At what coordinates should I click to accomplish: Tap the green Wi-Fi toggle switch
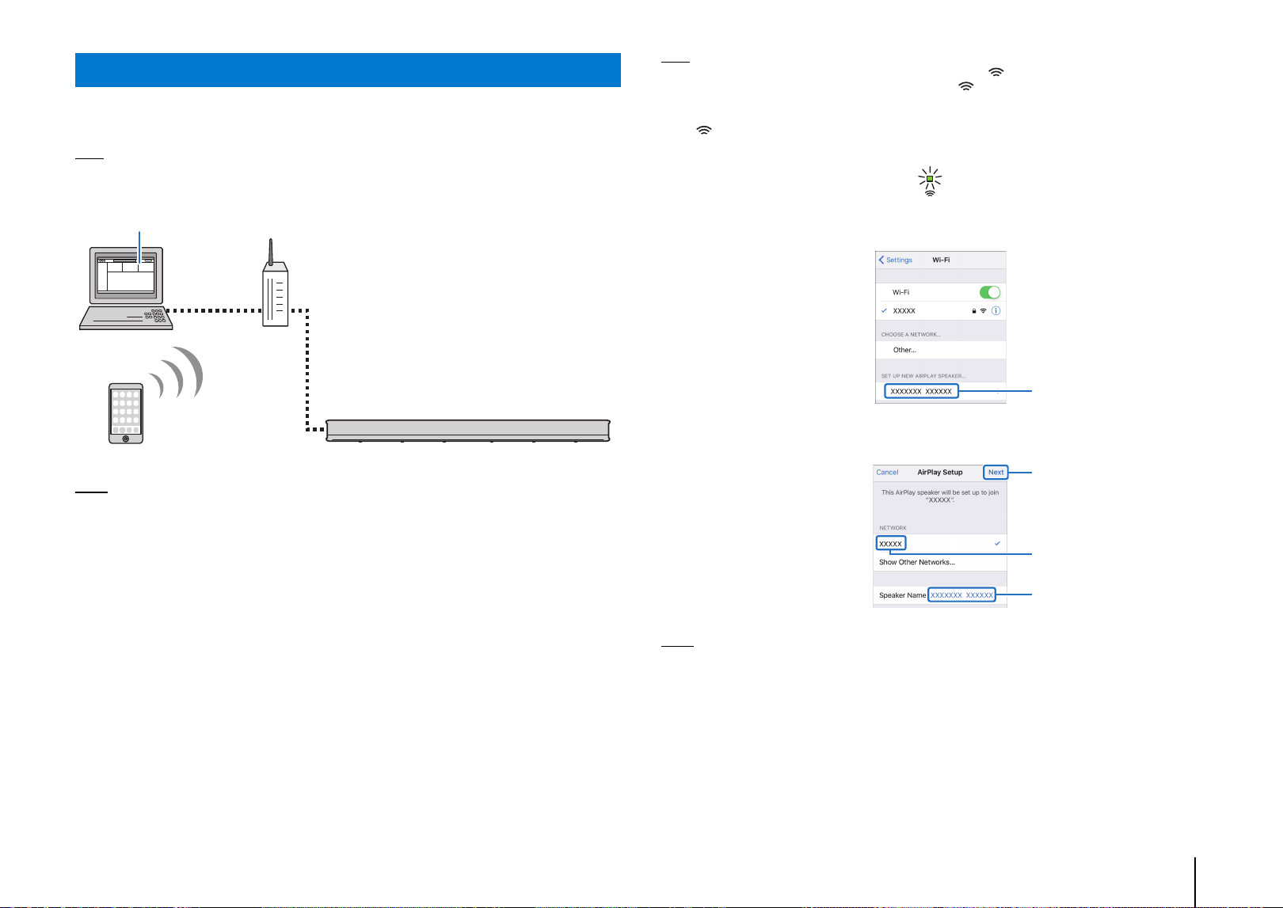click(x=990, y=293)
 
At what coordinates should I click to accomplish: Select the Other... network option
click(x=904, y=350)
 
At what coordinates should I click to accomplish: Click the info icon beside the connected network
click(x=996, y=311)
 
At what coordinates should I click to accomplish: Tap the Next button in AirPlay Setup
click(x=996, y=473)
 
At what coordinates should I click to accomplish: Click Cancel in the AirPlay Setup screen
click(x=887, y=473)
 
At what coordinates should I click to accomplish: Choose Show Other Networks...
click(x=917, y=562)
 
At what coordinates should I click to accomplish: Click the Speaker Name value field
click(x=961, y=595)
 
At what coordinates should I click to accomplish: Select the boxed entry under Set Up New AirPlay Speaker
click(x=921, y=391)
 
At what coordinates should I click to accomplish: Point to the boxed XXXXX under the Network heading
click(x=891, y=543)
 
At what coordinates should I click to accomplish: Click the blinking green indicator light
click(x=930, y=179)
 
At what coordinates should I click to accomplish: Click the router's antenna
click(x=271, y=252)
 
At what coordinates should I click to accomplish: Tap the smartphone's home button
click(x=126, y=439)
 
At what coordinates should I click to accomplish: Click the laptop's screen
click(x=126, y=275)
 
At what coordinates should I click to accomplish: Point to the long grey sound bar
click(x=468, y=431)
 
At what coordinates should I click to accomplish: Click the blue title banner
click(x=348, y=70)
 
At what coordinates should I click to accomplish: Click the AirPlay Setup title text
click(x=940, y=473)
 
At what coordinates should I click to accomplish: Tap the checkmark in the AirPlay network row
click(x=997, y=543)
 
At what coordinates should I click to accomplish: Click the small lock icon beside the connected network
click(x=973, y=311)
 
